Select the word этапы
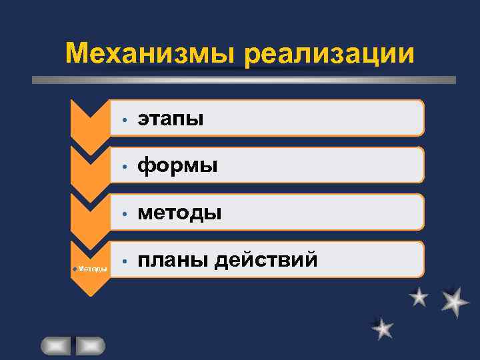(x=171, y=119)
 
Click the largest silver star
(x=455, y=301)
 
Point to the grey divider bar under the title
(x=244, y=79)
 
